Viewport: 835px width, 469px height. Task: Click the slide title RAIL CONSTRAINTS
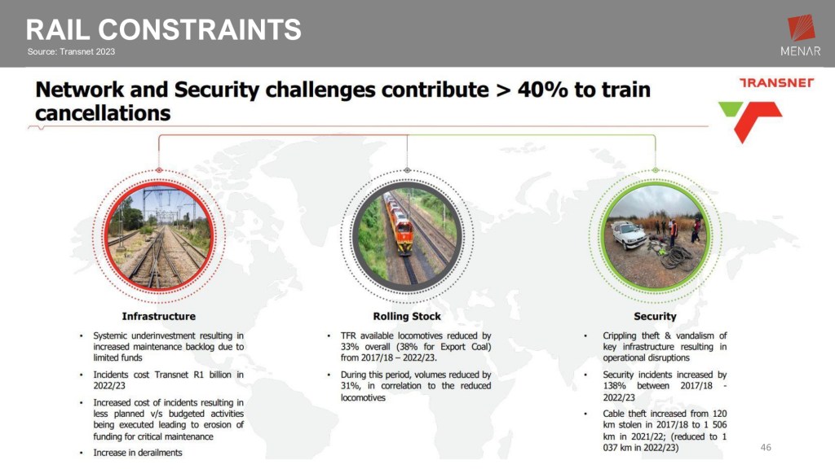[x=163, y=30]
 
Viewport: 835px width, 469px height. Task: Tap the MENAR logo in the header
[x=801, y=35]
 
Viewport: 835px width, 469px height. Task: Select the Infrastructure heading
[x=159, y=317]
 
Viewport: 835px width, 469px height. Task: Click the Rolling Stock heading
[x=407, y=317]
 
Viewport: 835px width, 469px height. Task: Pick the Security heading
[x=655, y=317]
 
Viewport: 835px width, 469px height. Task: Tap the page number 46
[x=766, y=447]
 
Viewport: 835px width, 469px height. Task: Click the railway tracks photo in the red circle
[x=159, y=235]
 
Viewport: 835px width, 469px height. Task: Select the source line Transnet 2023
[x=72, y=51]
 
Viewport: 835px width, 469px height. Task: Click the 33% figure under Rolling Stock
[x=350, y=347]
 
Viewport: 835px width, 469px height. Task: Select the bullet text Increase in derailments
[x=137, y=453]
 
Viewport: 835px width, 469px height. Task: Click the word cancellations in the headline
[x=103, y=113]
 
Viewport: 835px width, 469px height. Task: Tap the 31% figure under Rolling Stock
[x=350, y=385]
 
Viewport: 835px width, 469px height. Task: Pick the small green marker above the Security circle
[x=655, y=170]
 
